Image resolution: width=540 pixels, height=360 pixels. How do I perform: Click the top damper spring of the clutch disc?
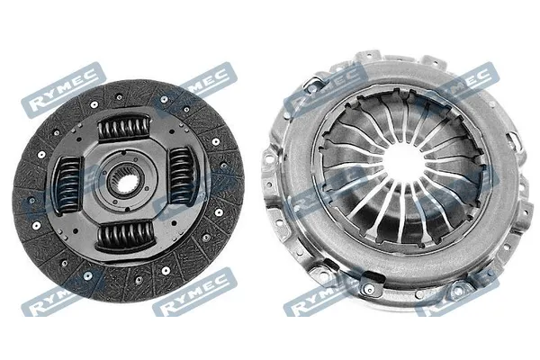124,128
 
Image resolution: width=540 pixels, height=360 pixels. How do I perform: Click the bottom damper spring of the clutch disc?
125,235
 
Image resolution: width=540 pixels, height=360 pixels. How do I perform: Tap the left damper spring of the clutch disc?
69,184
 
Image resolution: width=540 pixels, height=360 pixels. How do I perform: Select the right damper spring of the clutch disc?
182,175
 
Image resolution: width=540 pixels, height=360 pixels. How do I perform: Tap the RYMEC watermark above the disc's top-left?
63,90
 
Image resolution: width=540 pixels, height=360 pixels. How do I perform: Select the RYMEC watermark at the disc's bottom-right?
194,292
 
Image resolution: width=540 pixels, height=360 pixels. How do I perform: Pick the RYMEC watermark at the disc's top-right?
207,81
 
